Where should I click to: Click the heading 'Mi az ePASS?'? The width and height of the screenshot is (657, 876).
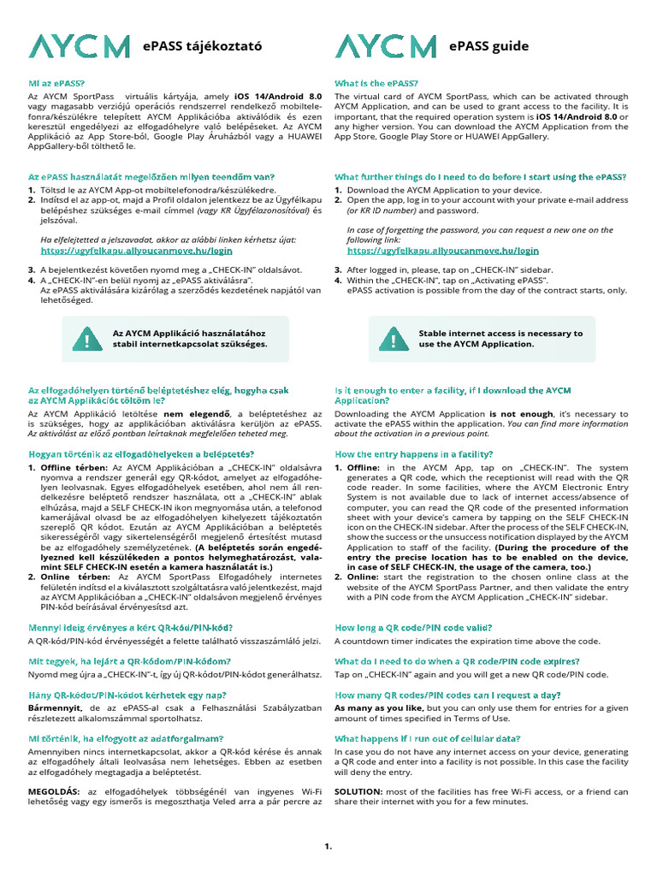56,83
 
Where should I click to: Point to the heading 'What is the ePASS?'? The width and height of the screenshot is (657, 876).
376,83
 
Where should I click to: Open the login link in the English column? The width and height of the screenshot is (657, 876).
443,252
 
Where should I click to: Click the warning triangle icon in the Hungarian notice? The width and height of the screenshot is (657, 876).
86,340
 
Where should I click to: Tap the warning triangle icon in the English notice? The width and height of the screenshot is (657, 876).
393,340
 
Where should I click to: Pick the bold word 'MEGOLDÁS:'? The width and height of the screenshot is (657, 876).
56,791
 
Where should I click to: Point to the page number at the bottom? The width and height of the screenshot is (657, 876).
328,847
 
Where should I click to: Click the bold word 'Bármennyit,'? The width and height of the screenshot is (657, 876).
56,708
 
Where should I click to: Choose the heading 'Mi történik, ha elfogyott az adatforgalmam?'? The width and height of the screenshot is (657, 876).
126,737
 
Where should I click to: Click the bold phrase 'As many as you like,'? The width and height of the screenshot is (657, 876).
379,708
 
